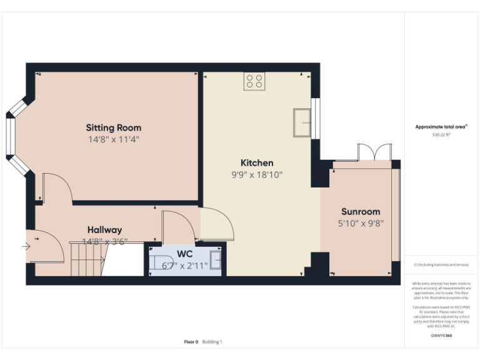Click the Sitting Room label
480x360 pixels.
113,128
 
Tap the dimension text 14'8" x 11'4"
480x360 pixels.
113,139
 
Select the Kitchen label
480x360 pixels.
257,163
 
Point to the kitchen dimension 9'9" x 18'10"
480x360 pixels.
257,175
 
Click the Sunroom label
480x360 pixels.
361,211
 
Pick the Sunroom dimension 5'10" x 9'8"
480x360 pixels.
361,222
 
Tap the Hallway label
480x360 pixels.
104,229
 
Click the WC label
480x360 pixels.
184,254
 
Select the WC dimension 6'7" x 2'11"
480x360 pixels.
184,265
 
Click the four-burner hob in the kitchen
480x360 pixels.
254,81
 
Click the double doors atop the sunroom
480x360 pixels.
373,152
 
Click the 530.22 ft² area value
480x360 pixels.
441,134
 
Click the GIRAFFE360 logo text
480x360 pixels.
441,336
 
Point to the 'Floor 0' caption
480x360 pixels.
191,342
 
